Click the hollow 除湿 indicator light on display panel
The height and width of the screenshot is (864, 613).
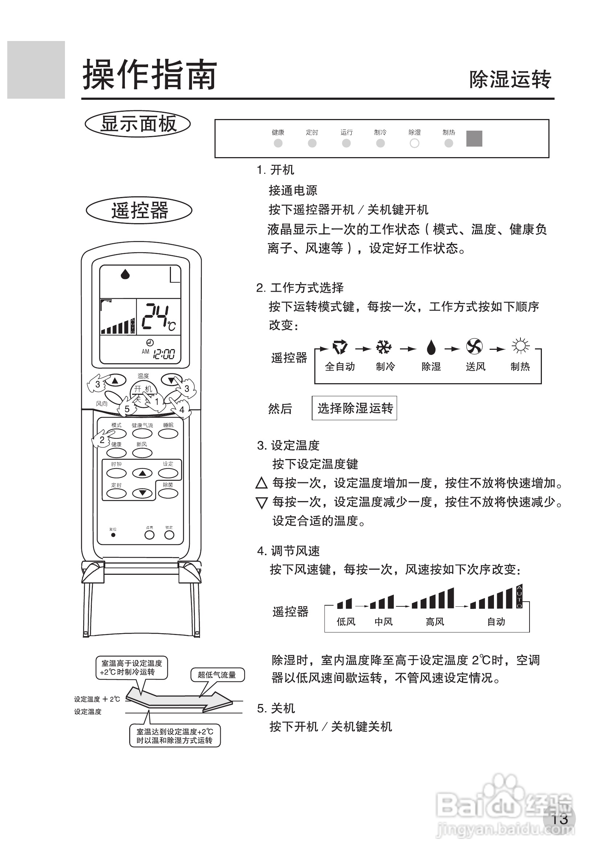tap(414, 143)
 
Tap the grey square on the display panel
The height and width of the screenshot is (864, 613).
tap(474, 139)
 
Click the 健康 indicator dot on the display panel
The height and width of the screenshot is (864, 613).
tap(278, 143)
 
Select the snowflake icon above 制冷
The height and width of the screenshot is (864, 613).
tap(384, 347)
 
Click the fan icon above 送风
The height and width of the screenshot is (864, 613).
tap(474, 346)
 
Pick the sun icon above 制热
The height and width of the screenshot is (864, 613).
tap(520, 345)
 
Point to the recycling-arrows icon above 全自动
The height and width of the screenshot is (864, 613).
tap(340, 347)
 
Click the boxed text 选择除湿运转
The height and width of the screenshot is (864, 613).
tap(354, 408)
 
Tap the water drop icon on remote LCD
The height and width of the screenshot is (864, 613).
tap(125, 274)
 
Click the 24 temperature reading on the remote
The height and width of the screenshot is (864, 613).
tap(155, 316)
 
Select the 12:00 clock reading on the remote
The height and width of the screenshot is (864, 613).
tap(163, 354)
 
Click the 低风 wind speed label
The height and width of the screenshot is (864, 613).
tap(346, 621)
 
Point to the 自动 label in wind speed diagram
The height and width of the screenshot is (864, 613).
tap(496, 621)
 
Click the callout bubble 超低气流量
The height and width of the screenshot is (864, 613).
tap(217, 675)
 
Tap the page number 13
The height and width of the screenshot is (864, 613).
tap(559, 819)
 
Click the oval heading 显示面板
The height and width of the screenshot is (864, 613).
tap(138, 124)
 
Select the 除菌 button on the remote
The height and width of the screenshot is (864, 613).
tap(168, 493)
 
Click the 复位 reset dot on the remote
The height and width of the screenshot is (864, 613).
tap(113, 535)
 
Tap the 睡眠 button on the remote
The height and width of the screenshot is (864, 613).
tap(168, 434)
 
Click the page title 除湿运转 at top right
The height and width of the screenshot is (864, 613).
tap(510, 79)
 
